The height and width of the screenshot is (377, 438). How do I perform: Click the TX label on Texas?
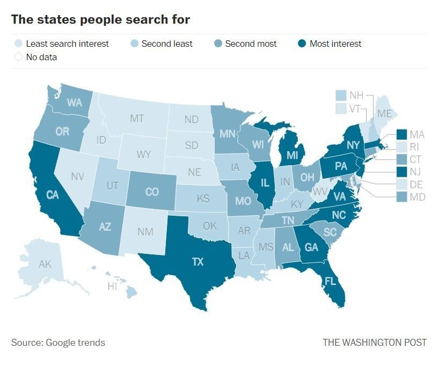pyautogui.click(x=198, y=262)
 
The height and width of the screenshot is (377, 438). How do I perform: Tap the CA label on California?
pyautogui.click(x=52, y=195)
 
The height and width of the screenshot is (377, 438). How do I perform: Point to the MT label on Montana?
pyautogui.click(x=137, y=118)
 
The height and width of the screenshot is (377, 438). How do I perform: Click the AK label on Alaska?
pyautogui.click(x=45, y=264)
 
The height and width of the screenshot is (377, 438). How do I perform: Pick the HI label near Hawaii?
pyautogui.click(x=112, y=287)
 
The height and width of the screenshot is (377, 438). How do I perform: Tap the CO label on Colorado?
pyautogui.click(x=152, y=191)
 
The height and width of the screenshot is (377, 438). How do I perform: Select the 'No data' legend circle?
pyautogui.click(x=18, y=57)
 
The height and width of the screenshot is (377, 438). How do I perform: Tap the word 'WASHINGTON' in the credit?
pyautogui.click(x=374, y=343)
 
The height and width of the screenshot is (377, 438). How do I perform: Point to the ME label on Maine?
pyautogui.click(x=384, y=113)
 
